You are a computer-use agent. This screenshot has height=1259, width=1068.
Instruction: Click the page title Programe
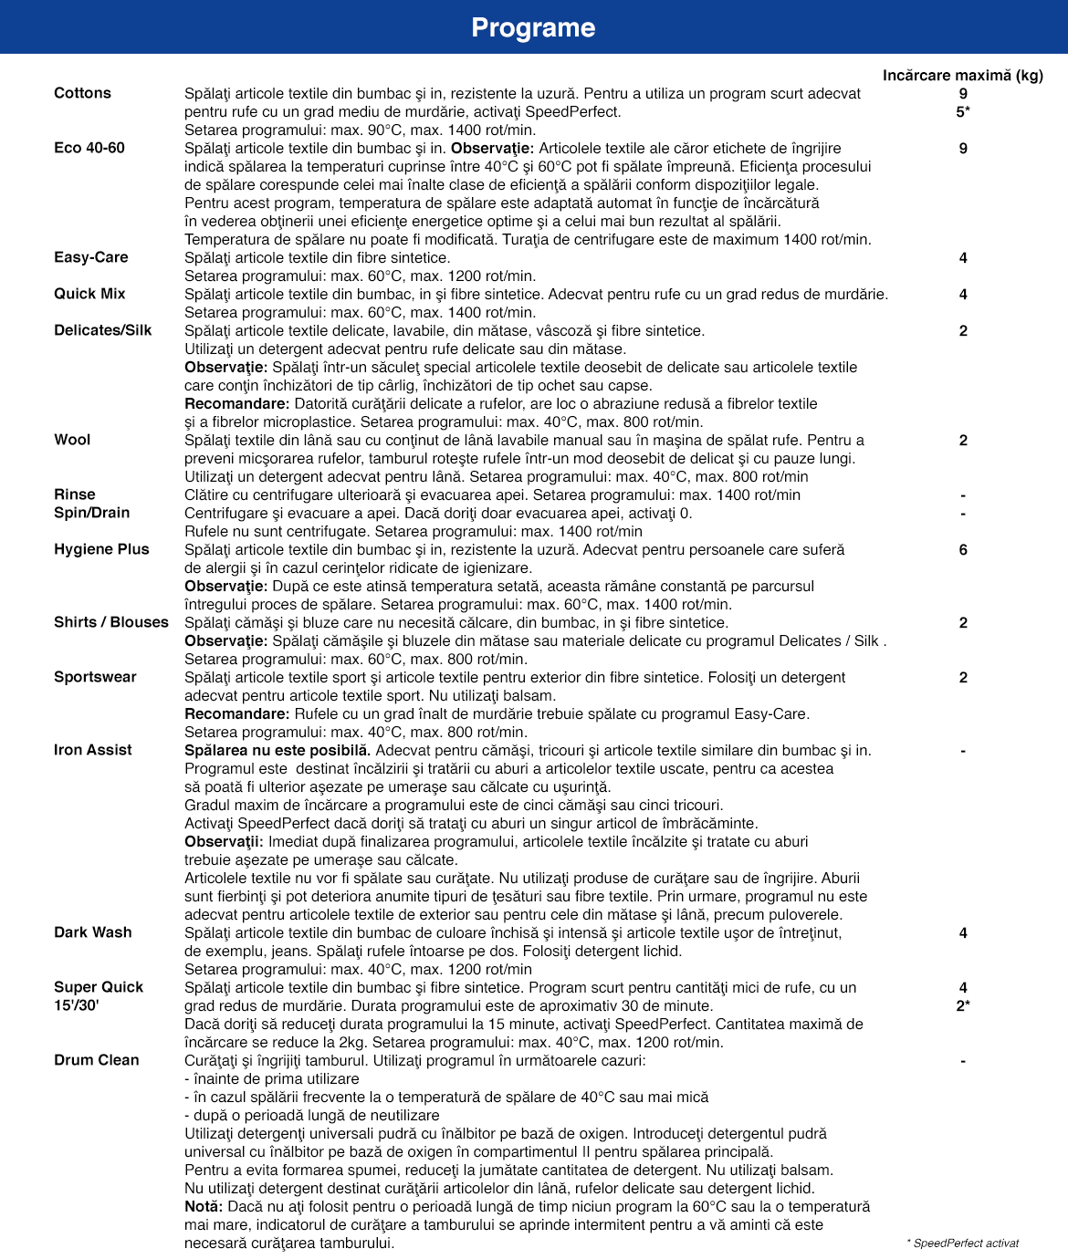533,27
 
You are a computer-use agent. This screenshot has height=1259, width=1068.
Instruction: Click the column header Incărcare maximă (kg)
962,75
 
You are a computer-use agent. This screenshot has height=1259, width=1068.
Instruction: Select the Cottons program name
82,93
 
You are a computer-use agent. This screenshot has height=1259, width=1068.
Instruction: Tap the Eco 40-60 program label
89,148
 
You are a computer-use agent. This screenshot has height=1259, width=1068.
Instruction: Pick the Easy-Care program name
91,257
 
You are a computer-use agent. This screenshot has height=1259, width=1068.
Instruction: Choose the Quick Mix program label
89,294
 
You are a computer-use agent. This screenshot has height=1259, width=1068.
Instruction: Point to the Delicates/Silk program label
103,330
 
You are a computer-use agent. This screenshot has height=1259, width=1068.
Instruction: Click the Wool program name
72,440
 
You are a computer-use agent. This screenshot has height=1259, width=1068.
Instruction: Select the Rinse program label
75,494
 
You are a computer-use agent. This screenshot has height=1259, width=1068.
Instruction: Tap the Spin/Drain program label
91,513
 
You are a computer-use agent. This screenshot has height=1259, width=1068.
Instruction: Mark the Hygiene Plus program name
101,549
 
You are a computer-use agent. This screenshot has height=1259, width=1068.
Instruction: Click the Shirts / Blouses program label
111,622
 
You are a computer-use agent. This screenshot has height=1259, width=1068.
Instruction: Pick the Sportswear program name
95,677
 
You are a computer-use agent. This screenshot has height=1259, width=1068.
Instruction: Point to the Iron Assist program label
93,750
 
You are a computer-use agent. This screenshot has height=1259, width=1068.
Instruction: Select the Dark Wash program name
93,932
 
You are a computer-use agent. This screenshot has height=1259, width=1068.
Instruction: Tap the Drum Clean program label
97,1060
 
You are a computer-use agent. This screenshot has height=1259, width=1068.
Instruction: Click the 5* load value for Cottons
963,112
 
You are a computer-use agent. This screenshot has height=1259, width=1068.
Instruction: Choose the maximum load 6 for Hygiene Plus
963,550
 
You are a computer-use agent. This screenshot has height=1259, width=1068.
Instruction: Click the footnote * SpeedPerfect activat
962,1243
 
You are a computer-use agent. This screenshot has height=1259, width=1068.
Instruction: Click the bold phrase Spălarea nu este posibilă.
277,750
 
